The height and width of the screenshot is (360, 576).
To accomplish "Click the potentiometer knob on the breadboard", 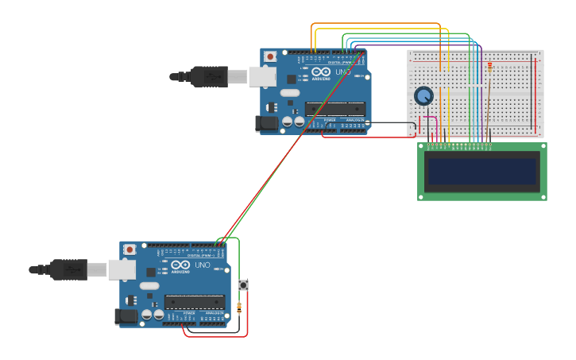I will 423,96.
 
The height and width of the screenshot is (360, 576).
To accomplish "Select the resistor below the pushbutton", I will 240,307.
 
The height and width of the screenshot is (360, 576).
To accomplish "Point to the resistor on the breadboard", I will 489,68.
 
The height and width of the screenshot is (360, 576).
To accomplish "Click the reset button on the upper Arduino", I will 270,56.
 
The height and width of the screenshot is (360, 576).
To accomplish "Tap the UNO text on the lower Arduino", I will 203,265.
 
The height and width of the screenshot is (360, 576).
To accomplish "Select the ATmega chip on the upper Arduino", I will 335,109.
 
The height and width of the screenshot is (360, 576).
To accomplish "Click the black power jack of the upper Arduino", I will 266,123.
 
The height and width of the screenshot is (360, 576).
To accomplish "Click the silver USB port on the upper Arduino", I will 262,76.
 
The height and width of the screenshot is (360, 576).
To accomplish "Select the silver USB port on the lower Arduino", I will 122,269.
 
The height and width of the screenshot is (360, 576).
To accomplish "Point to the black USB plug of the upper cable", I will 209,76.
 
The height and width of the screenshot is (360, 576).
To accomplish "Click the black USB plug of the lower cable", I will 68,269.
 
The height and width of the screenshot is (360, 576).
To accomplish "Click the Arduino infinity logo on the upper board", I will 321,72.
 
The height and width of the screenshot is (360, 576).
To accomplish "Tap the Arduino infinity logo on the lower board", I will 180,265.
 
